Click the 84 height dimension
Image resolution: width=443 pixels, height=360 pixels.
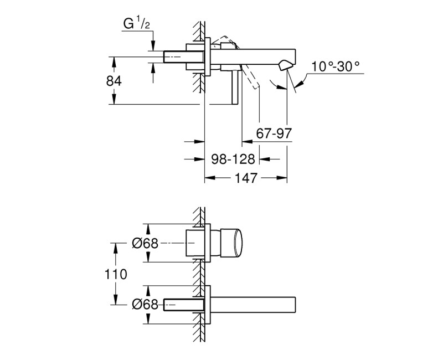pos(114,81)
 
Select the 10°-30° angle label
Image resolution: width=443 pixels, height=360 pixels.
pos(336,66)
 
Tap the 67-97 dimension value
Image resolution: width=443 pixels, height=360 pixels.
pos(274,133)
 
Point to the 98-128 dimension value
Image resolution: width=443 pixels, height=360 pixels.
pos(233,160)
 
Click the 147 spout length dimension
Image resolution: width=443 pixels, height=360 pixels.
pos(246,178)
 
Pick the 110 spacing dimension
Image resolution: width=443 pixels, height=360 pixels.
pos(116,274)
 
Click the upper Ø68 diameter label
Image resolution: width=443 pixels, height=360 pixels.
pos(145,243)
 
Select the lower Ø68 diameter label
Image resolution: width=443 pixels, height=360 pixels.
pos(145,305)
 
